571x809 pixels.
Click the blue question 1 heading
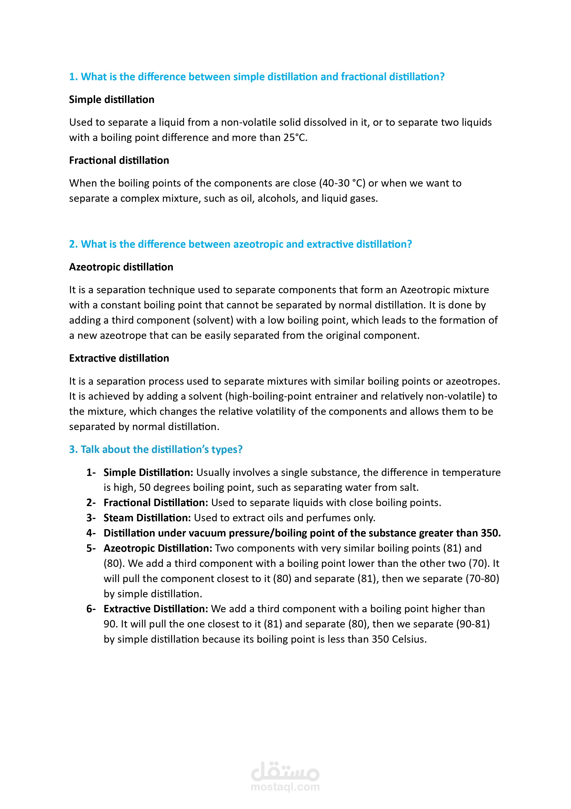257,77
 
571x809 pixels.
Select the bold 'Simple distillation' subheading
112,100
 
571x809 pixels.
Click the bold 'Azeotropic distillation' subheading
121,267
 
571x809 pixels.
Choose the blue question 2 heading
241,244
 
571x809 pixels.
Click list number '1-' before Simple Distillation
91,472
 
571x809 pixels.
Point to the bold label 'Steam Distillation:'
147,518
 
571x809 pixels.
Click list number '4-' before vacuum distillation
91,533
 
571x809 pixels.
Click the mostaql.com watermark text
285,787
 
